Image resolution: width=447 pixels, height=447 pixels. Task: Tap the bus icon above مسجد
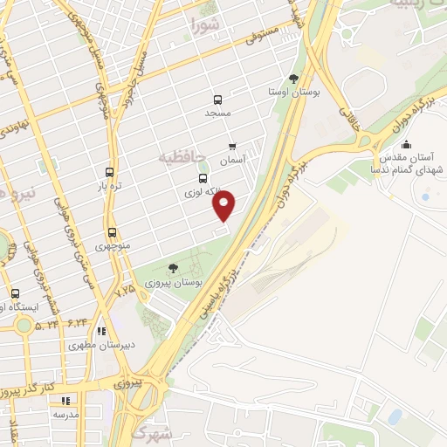[217, 100]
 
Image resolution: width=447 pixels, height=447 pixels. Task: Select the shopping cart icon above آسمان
[232, 147]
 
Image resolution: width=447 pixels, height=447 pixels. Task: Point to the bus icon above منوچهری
[112, 233]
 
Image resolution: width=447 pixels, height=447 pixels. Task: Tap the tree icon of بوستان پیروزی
[172, 268]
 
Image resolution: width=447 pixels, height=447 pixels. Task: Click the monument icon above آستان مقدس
[405, 145]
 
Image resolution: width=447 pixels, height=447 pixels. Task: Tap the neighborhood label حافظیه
[182, 157]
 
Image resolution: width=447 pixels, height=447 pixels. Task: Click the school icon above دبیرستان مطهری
[102, 332]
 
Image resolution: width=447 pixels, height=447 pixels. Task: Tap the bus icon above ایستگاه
[15, 294]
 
